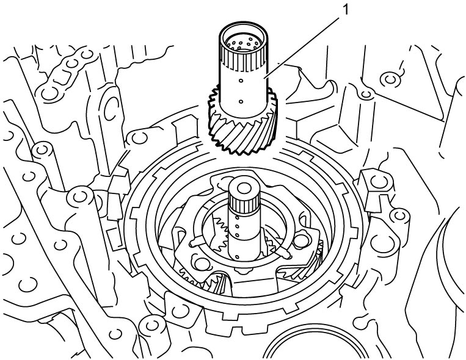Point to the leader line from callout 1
[302, 48]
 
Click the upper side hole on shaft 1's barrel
[241, 81]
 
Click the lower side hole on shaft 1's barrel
[241, 102]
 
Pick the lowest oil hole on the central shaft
[237, 257]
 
